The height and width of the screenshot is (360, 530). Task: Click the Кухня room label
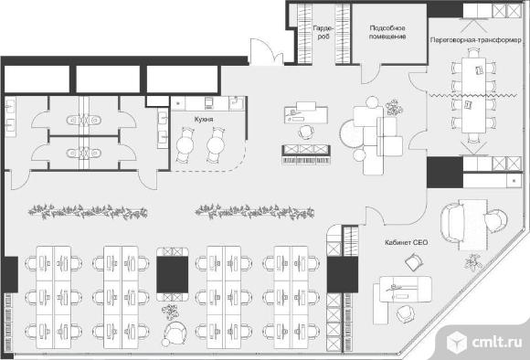204,120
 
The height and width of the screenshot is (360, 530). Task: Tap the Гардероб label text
323,32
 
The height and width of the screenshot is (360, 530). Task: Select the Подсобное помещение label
387,32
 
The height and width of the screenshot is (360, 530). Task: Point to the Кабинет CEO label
407,242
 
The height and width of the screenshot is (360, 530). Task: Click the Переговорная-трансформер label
475,40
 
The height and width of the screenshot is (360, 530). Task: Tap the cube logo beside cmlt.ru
457,342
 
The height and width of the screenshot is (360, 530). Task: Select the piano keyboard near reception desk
306,160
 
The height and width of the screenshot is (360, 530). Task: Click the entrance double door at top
267,51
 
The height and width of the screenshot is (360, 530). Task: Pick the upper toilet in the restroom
84,120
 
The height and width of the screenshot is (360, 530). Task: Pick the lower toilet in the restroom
84,154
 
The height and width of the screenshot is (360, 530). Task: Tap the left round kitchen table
185,145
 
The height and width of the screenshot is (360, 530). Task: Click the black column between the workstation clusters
173,274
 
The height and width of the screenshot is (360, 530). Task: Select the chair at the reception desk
306,132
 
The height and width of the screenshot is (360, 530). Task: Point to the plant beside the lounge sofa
394,108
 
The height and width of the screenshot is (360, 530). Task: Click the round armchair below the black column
175,333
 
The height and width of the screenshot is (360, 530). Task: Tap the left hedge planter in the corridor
88,212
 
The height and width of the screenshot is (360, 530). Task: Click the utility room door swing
371,74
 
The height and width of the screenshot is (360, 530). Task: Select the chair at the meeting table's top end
474,52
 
